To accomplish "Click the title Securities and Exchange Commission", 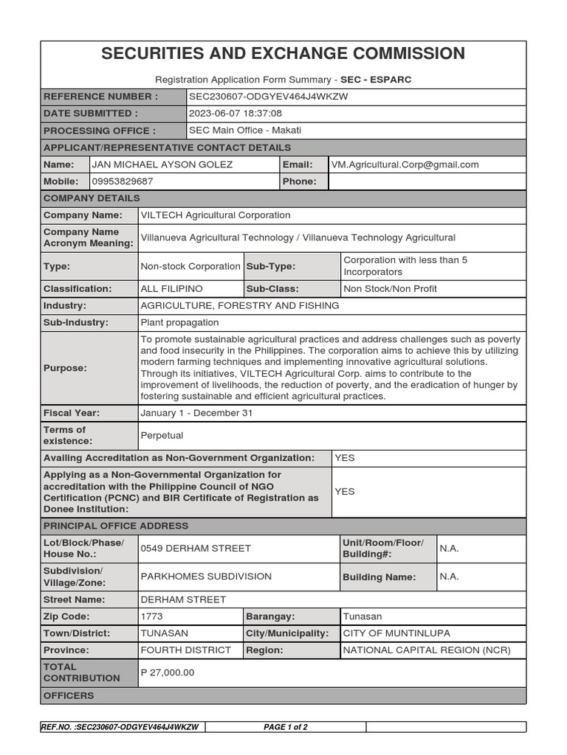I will tap(283, 54).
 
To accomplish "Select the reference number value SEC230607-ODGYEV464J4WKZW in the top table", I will tap(269, 97).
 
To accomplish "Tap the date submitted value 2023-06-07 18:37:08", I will tap(236, 114).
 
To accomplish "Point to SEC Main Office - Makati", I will tap(245, 131).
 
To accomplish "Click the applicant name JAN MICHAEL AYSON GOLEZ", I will tap(162, 164).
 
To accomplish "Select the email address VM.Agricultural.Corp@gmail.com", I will tap(405, 164).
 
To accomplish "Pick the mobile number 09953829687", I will tap(123, 181).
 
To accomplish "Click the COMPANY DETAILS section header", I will tap(92, 198).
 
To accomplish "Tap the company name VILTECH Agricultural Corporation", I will tap(216, 215).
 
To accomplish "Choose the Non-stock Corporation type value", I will tap(190, 266).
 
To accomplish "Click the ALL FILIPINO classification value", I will tap(171, 289).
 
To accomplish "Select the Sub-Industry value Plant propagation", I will tap(179, 322).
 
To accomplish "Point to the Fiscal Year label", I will tap(72, 413).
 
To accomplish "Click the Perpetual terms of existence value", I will tap(162, 436).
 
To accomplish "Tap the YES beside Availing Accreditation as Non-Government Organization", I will tap(345, 458).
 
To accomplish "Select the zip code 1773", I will tap(151, 616).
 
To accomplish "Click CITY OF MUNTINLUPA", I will tap(396, 633).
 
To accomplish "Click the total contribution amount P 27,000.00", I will tap(168, 672).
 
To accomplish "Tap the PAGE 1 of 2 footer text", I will tap(286, 727).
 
